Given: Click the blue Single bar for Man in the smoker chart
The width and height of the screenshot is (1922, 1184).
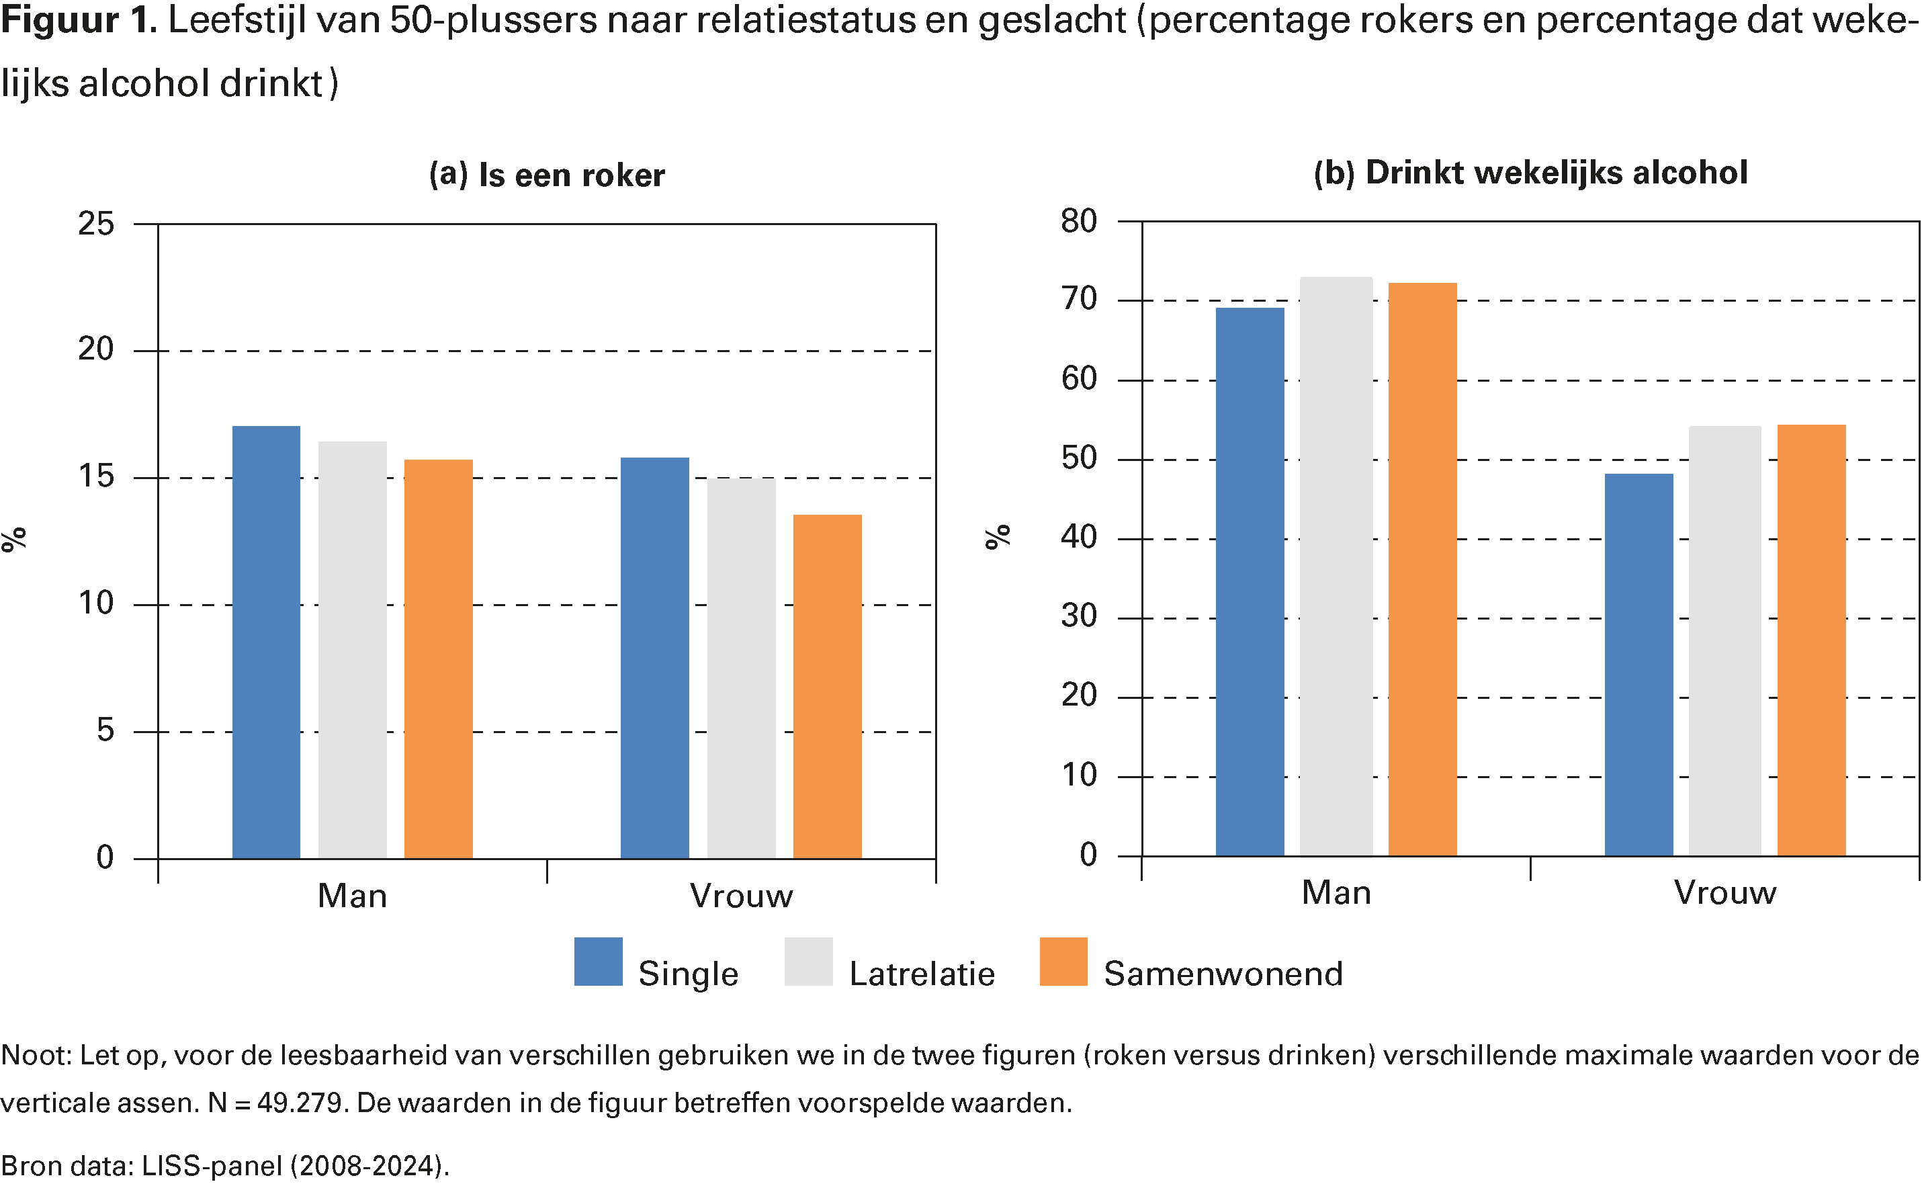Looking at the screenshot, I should pyautogui.click(x=266, y=642).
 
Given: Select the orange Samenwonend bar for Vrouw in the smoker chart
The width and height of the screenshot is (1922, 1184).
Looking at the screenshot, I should pyautogui.click(x=827, y=686).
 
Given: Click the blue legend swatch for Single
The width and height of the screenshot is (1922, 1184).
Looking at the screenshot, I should pyautogui.click(x=598, y=962).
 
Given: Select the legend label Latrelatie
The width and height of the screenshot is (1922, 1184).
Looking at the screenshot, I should pyautogui.click(x=922, y=974).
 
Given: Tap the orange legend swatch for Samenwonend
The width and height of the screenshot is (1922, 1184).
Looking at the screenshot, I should pyautogui.click(x=1063, y=962).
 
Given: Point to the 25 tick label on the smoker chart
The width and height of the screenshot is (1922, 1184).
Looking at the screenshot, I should pyautogui.click(x=95, y=224).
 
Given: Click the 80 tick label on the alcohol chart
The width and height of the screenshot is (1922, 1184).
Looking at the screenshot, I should pyautogui.click(x=1078, y=222).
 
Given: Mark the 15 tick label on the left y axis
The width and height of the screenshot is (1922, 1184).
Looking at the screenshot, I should pyautogui.click(x=95, y=476).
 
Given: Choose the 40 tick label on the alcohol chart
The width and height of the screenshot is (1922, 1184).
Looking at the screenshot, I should pyautogui.click(x=1078, y=537).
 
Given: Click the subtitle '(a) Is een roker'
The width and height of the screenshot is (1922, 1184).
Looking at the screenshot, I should pyautogui.click(x=546, y=175).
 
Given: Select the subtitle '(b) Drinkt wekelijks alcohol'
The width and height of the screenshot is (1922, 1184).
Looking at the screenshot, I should pyautogui.click(x=1530, y=172).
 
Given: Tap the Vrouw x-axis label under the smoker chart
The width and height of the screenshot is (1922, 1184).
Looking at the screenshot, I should pyautogui.click(x=740, y=896).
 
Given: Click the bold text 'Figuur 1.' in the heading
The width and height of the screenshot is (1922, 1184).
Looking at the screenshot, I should pyautogui.click(x=79, y=20).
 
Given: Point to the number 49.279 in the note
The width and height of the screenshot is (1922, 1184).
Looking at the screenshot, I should pyautogui.click(x=299, y=1103).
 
